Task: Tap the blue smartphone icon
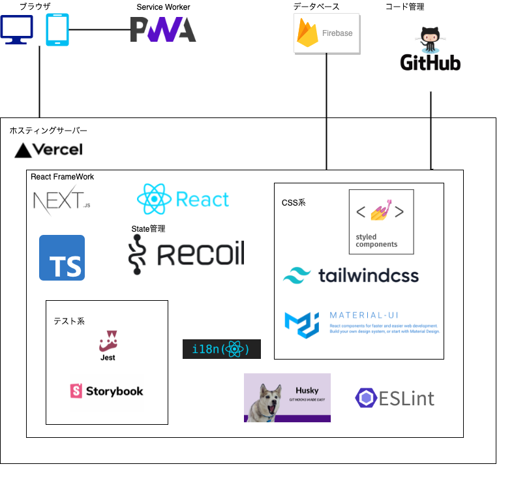pos(57,30)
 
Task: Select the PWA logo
pos(163,30)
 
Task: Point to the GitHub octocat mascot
pos(430,40)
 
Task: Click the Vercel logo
pos(49,150)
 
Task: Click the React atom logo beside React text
pos(154,199)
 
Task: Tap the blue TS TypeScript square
pos(62,258)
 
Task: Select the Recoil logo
pos(187,254)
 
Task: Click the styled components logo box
pos(381,222)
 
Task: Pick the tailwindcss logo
pos(350,275)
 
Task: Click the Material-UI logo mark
pos(301,324)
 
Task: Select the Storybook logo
pos(106,391)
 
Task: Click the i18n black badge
pos(221,350)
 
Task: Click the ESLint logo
pos(395,397)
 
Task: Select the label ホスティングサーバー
pos(48,131)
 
